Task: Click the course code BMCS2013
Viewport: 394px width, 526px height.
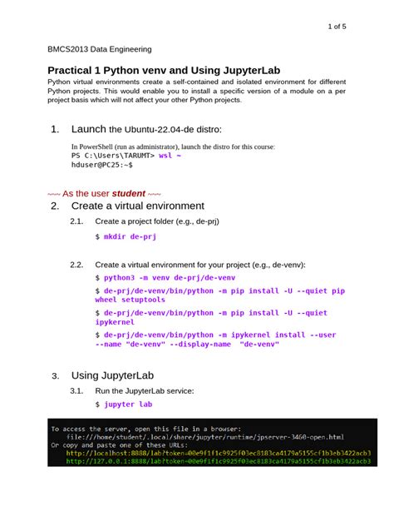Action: (69, 49)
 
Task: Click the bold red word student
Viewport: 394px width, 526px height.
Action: (122, 192)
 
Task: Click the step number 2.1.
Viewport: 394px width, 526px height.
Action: (77, 221)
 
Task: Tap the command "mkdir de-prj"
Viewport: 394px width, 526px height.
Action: (129, 237)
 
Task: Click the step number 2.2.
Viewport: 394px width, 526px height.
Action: (77, 264)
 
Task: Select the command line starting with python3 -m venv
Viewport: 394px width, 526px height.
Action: (166, 276)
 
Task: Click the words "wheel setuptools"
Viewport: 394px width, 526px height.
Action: (134, 299)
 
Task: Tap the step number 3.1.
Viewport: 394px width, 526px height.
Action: (77, 390)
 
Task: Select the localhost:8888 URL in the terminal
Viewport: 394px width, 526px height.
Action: (219, 454)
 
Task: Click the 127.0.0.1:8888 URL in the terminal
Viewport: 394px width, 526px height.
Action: (219, 462)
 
